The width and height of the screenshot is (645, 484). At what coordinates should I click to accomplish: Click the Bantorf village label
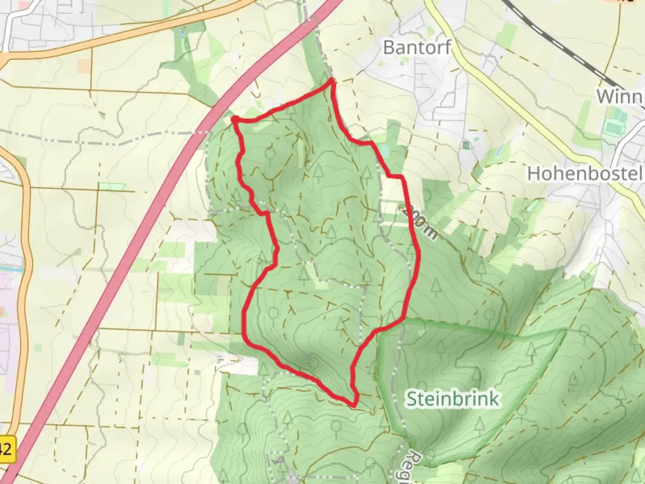[x=417, y=47]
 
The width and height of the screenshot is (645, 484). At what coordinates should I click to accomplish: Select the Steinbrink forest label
[x=452, y=398]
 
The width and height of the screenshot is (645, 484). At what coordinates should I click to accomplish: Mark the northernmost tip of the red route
[x=331, y=80]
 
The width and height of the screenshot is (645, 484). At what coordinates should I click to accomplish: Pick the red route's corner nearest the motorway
[x=234, y=119]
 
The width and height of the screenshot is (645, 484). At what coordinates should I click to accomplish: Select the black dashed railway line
[x=560, y=38]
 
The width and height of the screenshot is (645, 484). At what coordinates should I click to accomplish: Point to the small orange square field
[x=84, y=66]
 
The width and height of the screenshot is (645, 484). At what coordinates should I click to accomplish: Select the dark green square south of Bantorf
[x=466, y=145]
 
